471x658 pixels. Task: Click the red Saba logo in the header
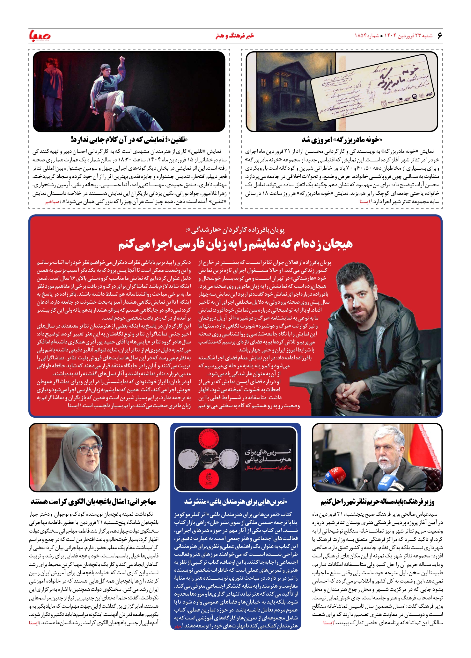tap(40, 35)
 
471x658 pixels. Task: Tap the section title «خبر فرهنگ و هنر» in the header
tap(235, 36)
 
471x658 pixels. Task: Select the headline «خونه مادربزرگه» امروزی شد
tap(342, 139)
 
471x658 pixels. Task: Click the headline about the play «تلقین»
tap(129, 139)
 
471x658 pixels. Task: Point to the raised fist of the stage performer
tap(121, 59)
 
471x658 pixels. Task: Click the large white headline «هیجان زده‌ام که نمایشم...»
tap(235, 244)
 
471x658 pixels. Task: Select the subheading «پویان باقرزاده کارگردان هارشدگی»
tap(235, 230)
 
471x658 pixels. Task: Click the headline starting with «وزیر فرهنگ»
tap(377, 502)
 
